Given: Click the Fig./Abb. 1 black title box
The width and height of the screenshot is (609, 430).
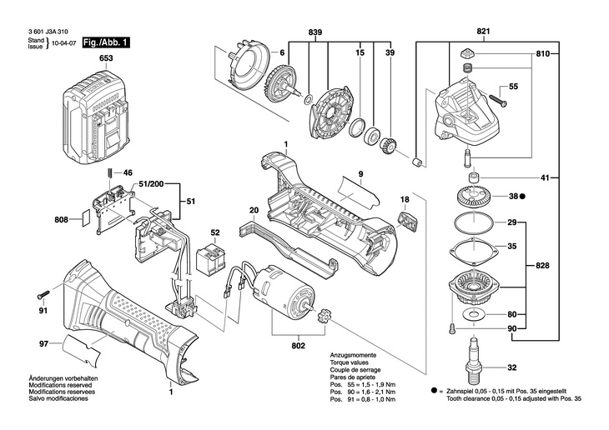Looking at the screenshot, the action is click(x=106, y=42).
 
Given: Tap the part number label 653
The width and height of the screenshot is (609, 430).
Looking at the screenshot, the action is click(x=106, y=58).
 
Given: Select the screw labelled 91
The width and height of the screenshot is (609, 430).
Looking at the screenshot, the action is click(x=43, y=294).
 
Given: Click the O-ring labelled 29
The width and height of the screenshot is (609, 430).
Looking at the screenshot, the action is click(x=474, y=222).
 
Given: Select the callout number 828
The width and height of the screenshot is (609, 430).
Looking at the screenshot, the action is click(x=542, y=266).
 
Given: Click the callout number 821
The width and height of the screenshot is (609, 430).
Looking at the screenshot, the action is click(x=483, y=32).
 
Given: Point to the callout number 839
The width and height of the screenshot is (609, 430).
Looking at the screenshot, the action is click(x=315, y=32).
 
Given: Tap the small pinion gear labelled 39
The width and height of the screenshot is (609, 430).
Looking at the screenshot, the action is click(x=388, y=145).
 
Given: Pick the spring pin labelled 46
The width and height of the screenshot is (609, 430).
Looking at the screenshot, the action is click(x=110, y=172).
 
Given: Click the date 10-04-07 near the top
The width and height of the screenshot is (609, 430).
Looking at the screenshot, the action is click(x=63, y=43).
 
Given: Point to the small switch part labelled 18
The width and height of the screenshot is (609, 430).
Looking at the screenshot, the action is click(x=408, y=221).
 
